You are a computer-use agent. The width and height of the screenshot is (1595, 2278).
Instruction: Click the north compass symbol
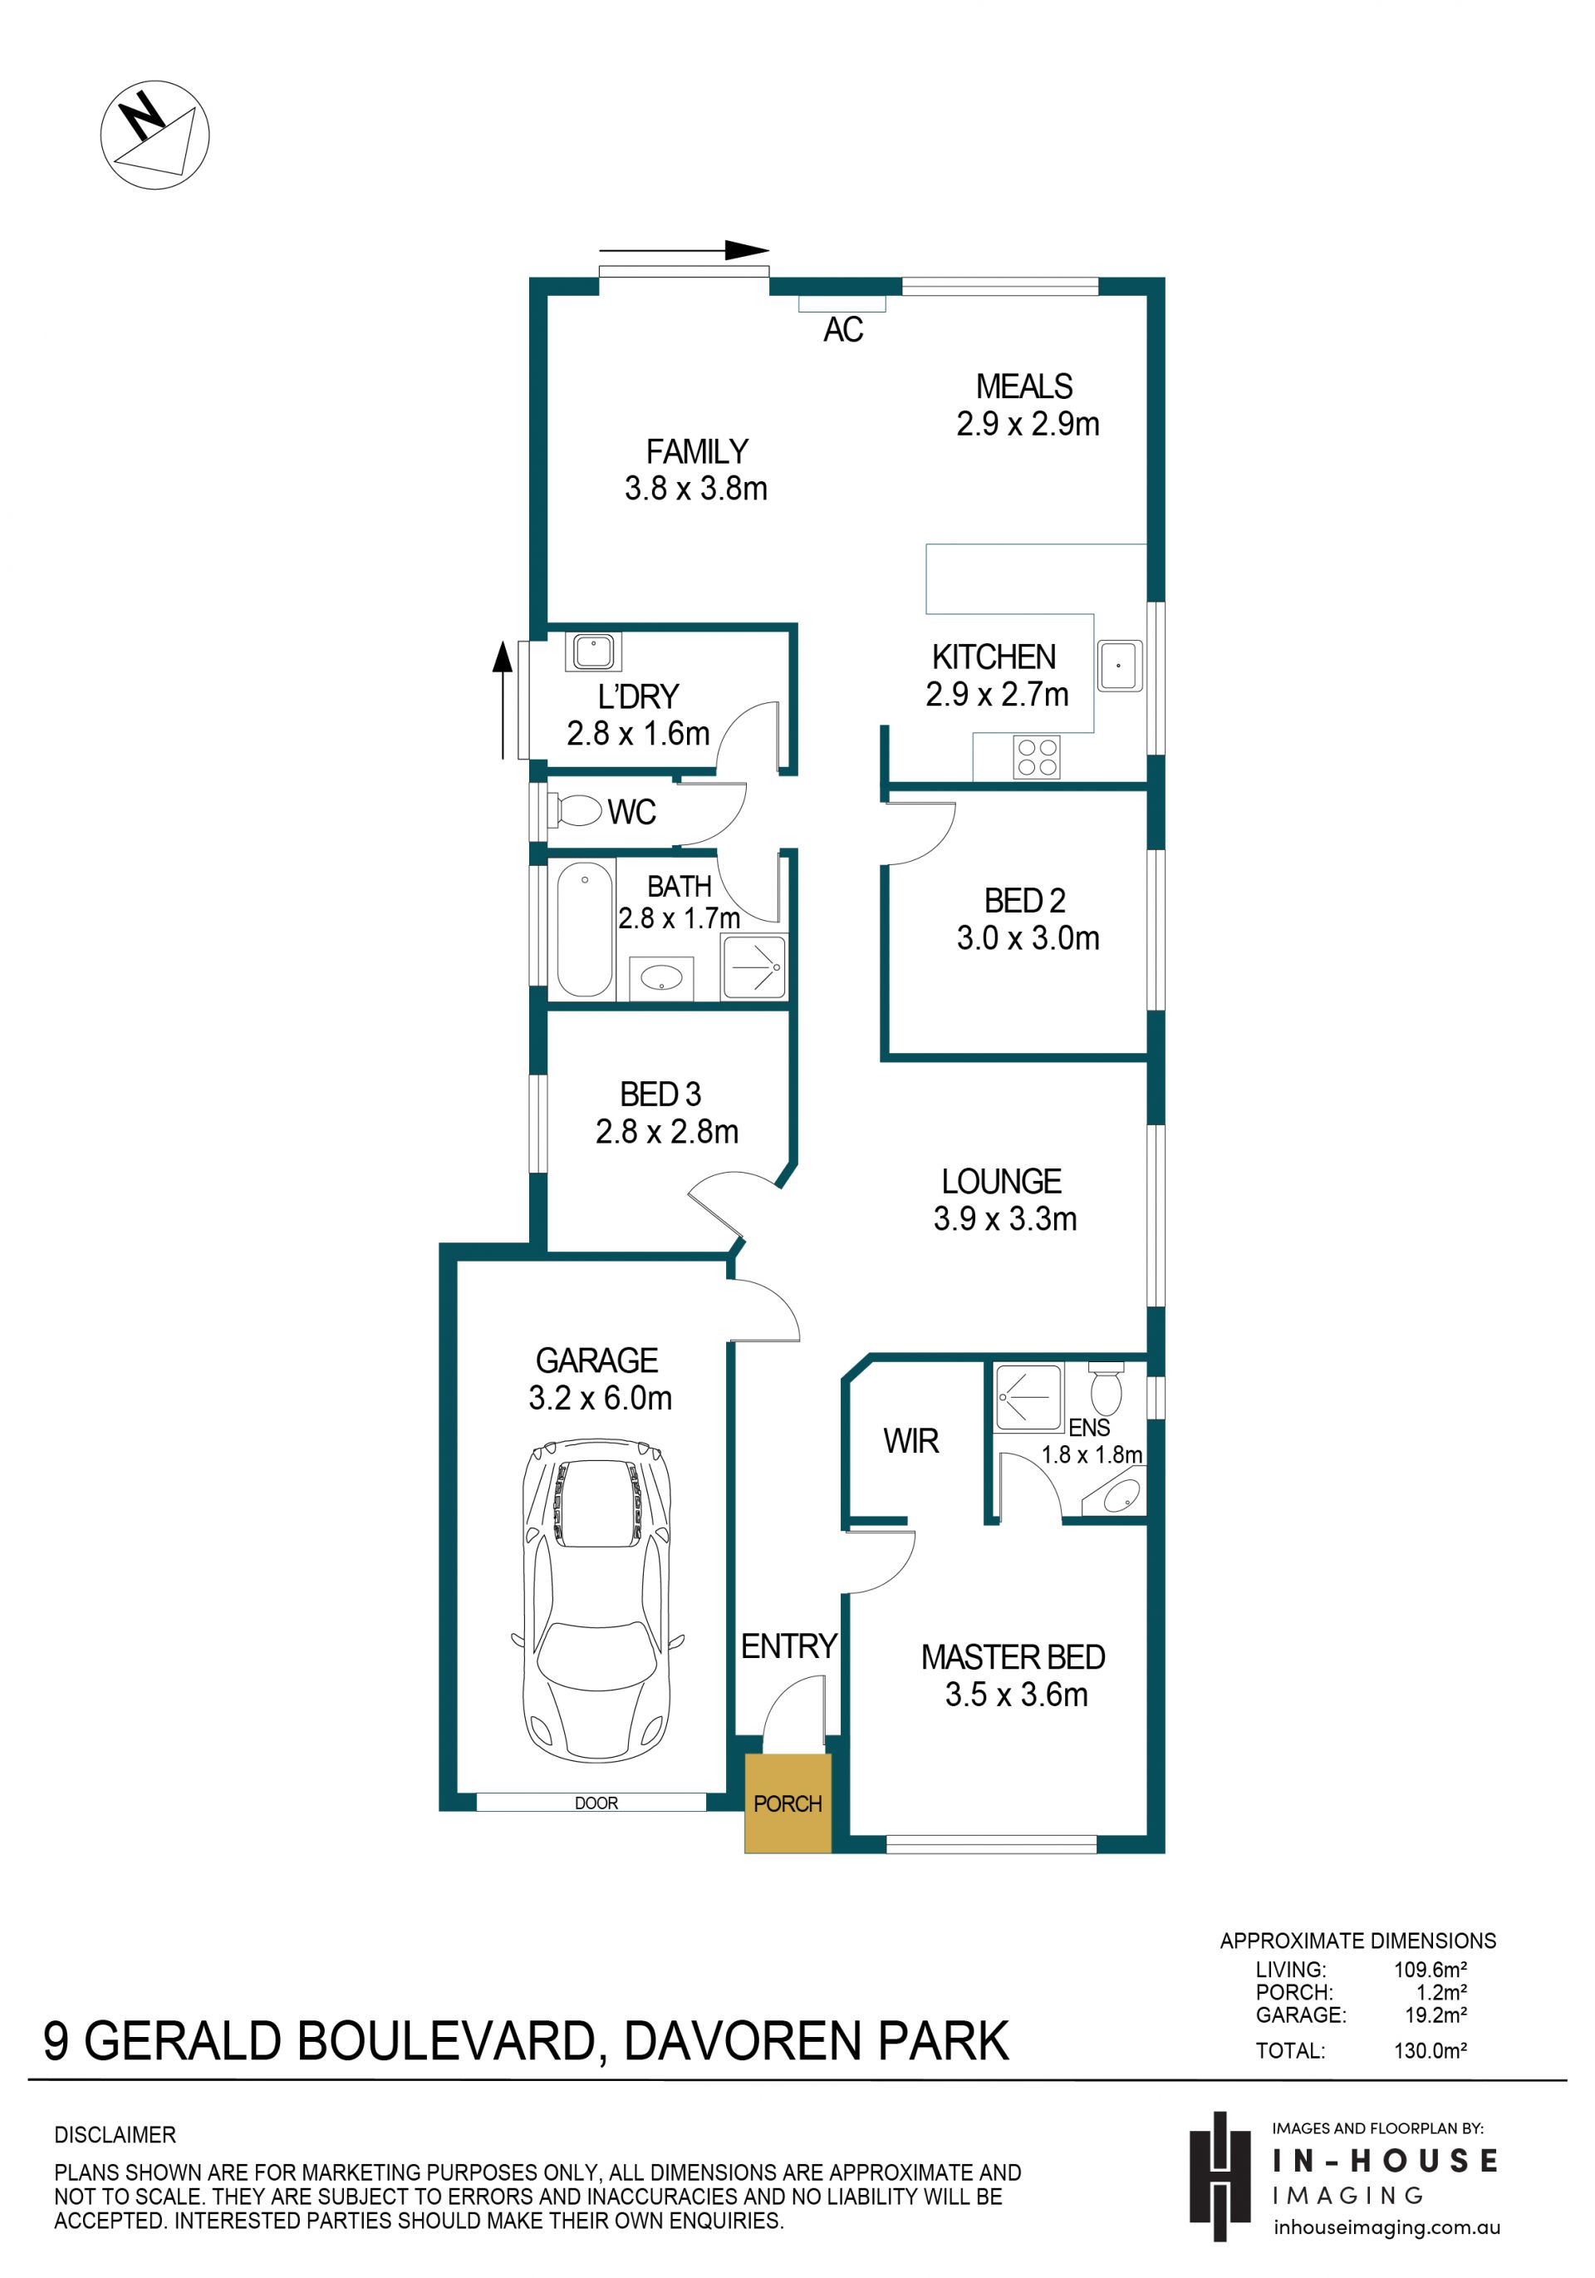[x=155, y=135]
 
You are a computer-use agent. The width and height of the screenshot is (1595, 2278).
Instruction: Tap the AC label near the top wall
[x=843, y=329]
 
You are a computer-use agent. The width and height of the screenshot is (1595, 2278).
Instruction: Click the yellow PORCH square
[x=788, y=1803]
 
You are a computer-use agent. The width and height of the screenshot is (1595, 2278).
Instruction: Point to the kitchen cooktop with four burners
[x=1037, y=757]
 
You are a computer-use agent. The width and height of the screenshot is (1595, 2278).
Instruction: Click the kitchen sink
[x=1119, y=666]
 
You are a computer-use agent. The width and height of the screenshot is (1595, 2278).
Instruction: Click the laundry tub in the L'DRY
[x=593, y=652]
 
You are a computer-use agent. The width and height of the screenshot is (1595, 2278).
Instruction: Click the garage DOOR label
[x=596, y=1803]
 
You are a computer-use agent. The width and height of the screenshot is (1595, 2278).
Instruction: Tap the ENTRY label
[x=788, y=1646]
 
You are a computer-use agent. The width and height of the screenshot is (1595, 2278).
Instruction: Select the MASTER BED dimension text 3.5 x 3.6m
[x=1016, y=1695]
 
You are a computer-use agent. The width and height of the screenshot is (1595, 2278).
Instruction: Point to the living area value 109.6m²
[x=1430, y=1970]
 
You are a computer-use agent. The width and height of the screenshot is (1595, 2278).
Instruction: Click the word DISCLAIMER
[x=115, y=2135]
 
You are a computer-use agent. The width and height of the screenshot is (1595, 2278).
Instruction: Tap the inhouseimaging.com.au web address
[x=1386, y=2227]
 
